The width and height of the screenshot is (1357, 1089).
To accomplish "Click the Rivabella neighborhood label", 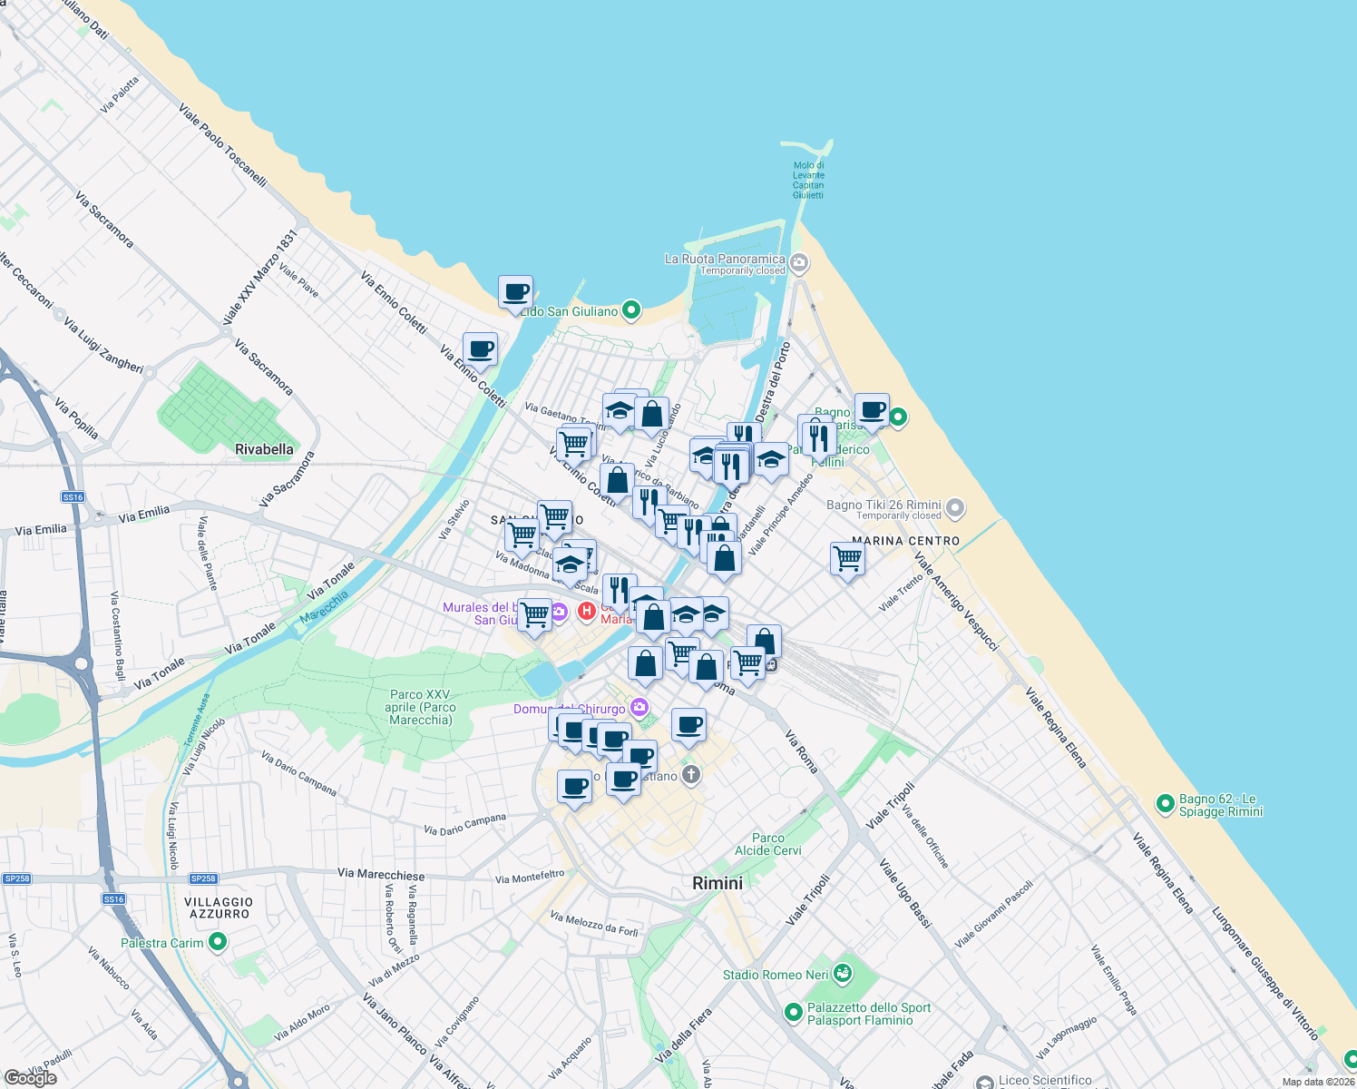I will coord(264,449).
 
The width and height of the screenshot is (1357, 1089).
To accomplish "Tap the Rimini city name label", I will coord(717,883).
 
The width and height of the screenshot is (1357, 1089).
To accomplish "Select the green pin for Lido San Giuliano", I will coord(631,311).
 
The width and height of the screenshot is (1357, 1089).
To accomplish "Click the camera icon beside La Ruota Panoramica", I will coord(798,264).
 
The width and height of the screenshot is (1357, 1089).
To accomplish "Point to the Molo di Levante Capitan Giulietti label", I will coord(808,181).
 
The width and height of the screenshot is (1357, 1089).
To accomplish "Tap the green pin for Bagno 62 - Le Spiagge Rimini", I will coord(1165,804).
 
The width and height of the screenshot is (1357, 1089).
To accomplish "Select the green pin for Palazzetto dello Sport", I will coord(794,1012).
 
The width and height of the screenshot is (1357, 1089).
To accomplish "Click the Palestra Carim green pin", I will coord(217,943).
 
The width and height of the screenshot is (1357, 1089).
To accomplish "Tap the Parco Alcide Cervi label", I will coord(768,844).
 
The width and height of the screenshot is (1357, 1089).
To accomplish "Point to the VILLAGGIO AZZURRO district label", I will coord(219,907).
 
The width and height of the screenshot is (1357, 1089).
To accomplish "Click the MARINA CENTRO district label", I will coord(905,541).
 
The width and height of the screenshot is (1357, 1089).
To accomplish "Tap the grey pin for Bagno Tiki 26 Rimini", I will coord(954,509).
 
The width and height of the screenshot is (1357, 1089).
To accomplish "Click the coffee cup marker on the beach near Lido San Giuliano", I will coord(515,293).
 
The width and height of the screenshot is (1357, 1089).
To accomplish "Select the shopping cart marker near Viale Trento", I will coord(847,559).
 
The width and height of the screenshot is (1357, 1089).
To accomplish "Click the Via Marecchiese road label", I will coord(381,874).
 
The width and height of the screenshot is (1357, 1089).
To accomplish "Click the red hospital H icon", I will coord(587,611).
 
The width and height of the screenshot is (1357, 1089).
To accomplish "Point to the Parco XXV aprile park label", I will coord(420,707).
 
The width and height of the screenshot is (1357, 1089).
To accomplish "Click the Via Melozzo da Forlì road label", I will coord(594,924).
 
